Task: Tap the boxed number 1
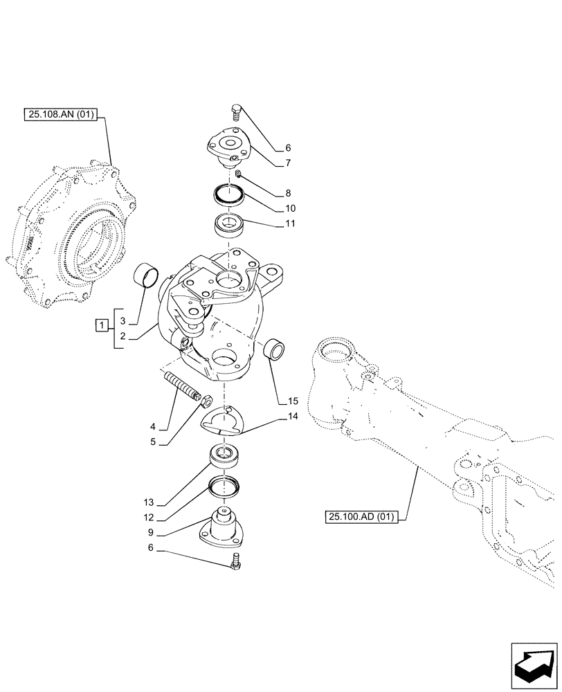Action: (102, 325)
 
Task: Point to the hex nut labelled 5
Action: (206, 398)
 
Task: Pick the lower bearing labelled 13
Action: (225, 457)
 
